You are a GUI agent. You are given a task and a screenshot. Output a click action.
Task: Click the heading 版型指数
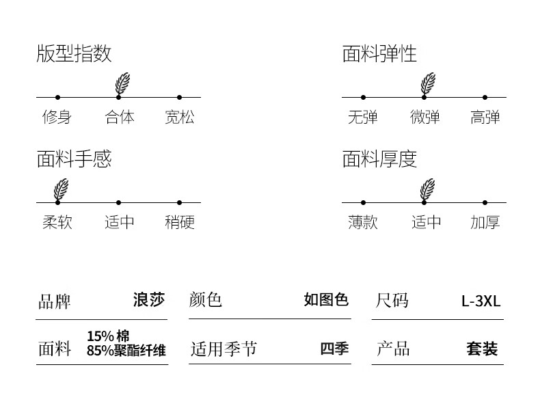74,54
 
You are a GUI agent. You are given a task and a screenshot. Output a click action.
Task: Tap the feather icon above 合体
122,83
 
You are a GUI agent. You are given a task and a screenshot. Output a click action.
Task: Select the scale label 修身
57,117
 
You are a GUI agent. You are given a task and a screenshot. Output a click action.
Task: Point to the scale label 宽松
179,117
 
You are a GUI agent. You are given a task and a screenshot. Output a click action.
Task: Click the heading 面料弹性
379,54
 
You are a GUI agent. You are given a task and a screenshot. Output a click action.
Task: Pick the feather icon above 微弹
427,83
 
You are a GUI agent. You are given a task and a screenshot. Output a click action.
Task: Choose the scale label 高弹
485,117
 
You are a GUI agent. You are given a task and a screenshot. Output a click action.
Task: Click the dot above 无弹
363,97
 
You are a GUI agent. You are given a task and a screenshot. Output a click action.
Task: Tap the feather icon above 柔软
61,189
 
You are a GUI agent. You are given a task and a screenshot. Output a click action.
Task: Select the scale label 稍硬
179,222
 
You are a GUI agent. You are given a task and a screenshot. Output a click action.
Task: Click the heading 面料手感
74,159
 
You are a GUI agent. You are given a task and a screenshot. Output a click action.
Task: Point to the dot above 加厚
485,202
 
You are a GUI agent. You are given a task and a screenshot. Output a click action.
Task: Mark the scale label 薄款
362,222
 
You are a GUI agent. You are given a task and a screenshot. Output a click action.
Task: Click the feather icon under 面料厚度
427,189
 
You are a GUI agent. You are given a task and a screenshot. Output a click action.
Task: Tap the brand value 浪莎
149,300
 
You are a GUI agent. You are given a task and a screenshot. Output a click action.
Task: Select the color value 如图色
326,300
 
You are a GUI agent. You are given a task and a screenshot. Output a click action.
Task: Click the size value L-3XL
481,301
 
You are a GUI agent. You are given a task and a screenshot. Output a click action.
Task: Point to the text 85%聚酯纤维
126,351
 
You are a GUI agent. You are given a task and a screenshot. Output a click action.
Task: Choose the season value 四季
334,349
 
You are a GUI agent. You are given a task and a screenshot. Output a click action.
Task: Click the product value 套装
482,349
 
